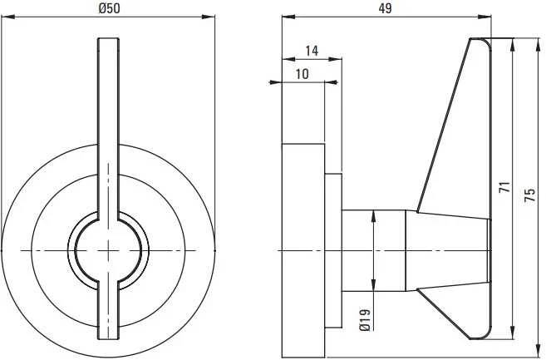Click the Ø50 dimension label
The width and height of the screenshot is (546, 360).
pos(109,8)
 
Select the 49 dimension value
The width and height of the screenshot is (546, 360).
pos(385,8)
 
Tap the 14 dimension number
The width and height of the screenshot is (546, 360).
pos(312,51)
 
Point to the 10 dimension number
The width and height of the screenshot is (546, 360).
pos(303,74)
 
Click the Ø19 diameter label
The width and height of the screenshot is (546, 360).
pos(365,319)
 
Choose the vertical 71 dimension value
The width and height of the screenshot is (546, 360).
pos(504,187)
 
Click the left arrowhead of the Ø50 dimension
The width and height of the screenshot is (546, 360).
pos(7,17)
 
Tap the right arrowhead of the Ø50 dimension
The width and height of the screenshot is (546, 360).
pos(209,17)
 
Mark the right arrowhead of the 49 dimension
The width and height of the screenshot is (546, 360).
pos(485,17)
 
